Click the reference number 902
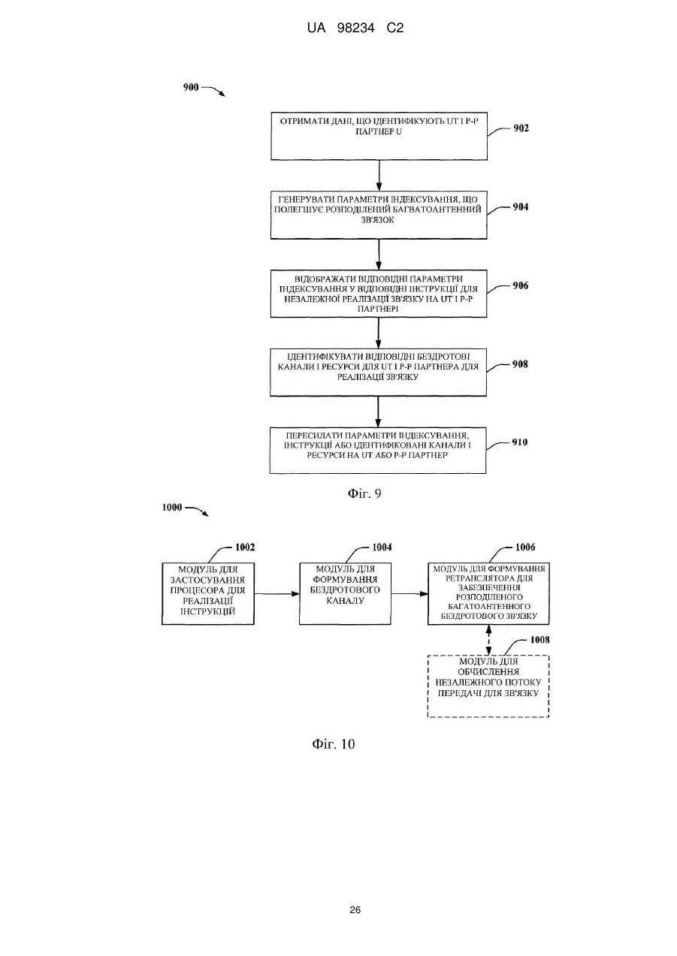click(x=521, y=128)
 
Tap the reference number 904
click(x=520, y=207)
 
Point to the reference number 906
click(x=520, y=285)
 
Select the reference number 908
click(x=520, y=364)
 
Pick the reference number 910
click(x=520, y=442)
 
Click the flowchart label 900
click(x=191, y=88)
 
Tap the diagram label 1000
click(x=172, y=508)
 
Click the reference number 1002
click(x=245, y=547)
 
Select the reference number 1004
click(x=382, y=547)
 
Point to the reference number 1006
click(x=525, y=547)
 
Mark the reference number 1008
click(x=540, y=640)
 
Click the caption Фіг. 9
click(x=364, y=494)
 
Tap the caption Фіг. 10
click(x=334, y=744)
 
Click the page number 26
click(x=355, y=906)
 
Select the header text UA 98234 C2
click(x=355, y=29)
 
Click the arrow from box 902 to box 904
click(x=379, y=176)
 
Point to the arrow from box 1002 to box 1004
click(x=277, y=594)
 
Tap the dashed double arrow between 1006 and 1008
click(x=488, y=640)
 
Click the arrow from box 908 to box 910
click(x=378, y=412)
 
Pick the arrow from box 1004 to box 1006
click(x=410, y=594)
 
